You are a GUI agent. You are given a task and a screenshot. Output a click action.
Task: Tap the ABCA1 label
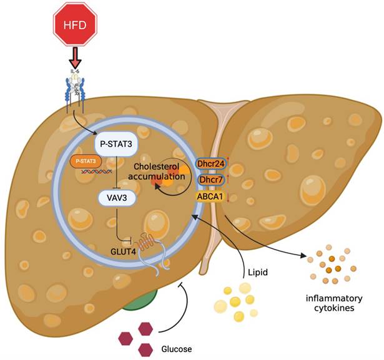tap(211, 196)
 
